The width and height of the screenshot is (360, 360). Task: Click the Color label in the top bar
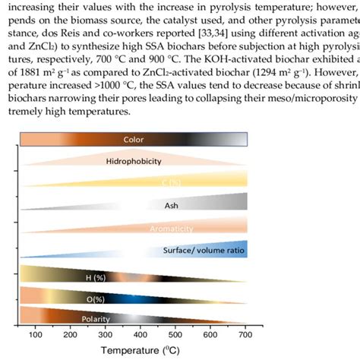pyautogui.click(x=133, y=140)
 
